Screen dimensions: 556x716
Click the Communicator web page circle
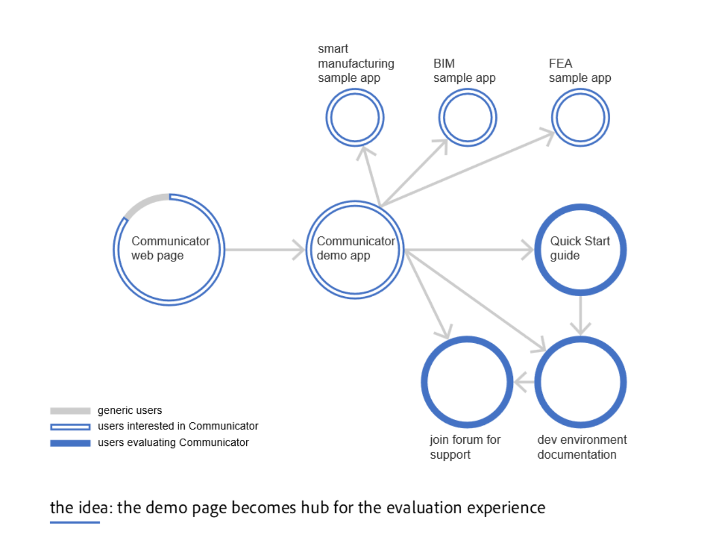coord(169,250)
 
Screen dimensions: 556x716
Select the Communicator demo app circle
coord(355,250)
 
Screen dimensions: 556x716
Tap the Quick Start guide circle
coord(581,250)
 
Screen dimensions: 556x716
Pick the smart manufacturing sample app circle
coord(355,118)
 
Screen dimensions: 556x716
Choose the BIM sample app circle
coord(468,118)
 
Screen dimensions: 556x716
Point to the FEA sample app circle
coord(581,118)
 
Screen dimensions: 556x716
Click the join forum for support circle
coord(467,382)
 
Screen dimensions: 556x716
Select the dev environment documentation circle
coord(581,382)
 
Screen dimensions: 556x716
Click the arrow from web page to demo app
coord(264,250)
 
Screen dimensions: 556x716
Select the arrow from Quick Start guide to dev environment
coord(581,315)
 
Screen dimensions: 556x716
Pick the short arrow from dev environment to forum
coord(524,382)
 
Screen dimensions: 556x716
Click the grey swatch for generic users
coord(70,411)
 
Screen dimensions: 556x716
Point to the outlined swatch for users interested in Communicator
coord(70,427)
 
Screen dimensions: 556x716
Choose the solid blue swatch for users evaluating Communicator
coord(70,443)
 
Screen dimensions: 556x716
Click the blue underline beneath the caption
coord(75,522)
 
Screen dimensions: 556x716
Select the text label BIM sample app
coord(464,71)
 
